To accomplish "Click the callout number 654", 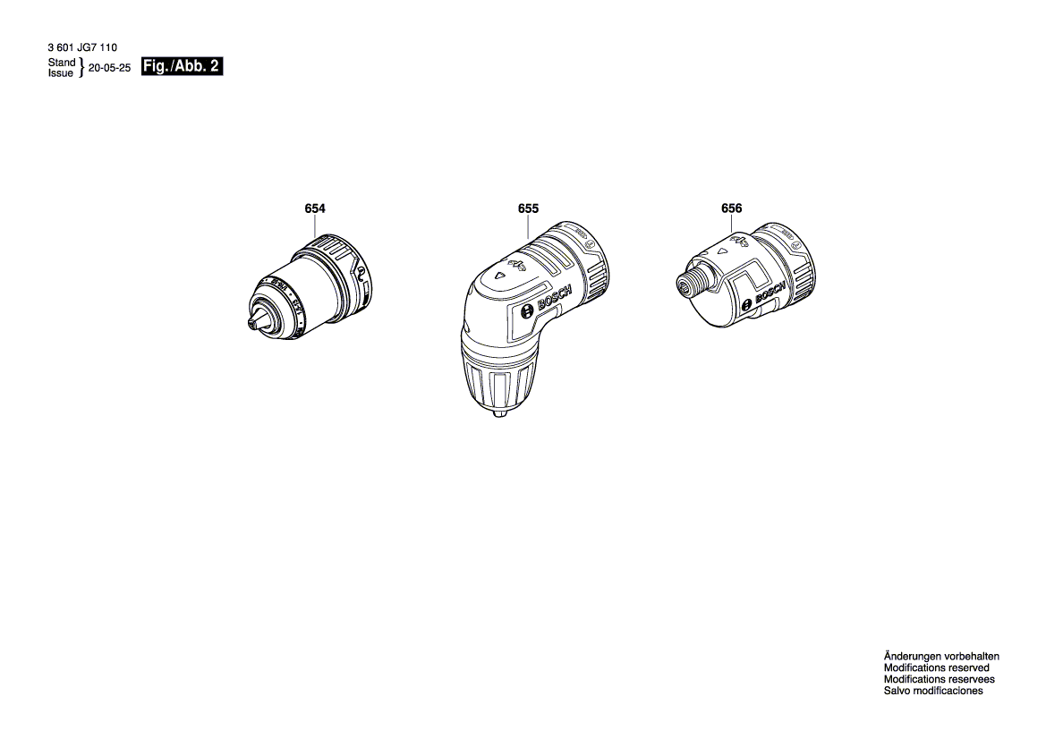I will [315, 208].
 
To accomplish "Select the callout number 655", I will [528, 208].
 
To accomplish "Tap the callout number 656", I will [731, 208].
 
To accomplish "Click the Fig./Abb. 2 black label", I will [182, 67].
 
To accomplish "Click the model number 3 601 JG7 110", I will [82, 48].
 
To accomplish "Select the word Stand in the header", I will [62, 63].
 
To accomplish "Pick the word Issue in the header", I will [61, 73].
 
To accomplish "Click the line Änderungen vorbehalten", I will [941, 656].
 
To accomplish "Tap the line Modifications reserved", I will [936, 667].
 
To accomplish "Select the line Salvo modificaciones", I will [933, 691].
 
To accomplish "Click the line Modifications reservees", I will [939, 679].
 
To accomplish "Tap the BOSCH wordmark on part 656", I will [770, 293].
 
